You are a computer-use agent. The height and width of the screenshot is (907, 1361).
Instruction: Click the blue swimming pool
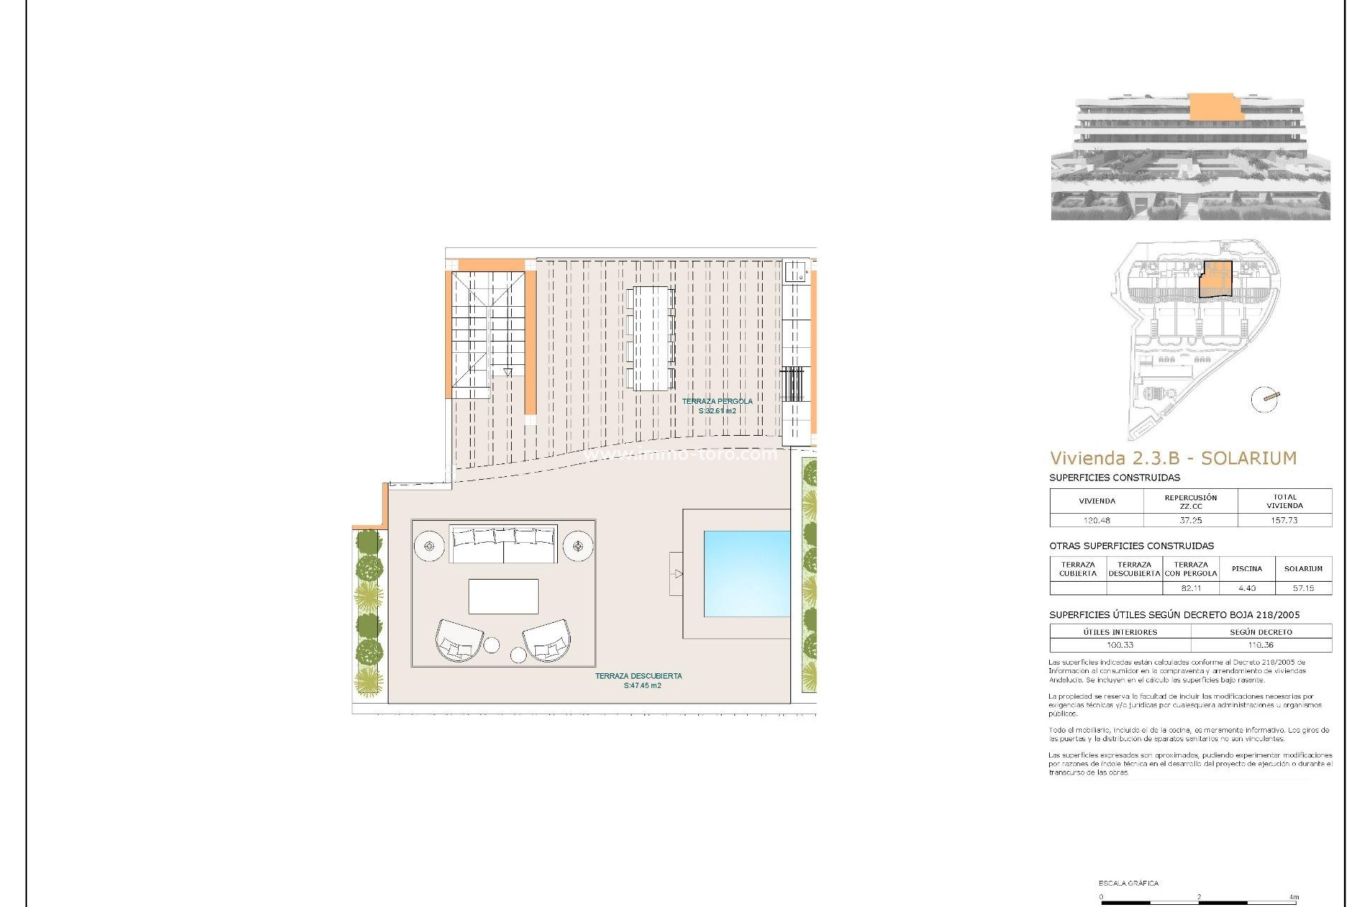(x=746, y=573)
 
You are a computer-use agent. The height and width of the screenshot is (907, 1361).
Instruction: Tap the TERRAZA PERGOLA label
(x=717, y=402)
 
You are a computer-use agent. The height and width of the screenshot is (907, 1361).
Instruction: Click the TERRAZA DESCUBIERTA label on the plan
(x=638, y=676)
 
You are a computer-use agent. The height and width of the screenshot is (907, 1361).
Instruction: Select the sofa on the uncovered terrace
(x=503, y=544)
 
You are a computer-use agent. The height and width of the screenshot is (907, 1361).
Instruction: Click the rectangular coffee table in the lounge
(x=503, y=596)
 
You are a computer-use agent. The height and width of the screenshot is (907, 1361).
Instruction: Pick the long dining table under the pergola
(x=651, y=338)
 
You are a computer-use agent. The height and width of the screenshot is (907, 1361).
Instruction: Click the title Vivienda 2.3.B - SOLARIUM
(x=1173, y=458)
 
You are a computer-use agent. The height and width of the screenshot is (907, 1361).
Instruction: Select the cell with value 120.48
(x=1097, y=520)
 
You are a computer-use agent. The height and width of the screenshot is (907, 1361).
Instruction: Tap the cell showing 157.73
(x=1284, y=520)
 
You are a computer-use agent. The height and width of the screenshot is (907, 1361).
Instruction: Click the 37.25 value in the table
(x=1191, y=520)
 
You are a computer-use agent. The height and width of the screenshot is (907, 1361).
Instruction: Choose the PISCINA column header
(x=1247, y=569)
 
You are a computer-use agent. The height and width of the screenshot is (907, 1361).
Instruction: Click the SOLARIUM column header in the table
(x=1304, y=569)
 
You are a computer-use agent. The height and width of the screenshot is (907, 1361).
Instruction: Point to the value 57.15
(x=1304, y=588)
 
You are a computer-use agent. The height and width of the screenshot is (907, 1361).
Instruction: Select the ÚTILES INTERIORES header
(x=1120, y=632)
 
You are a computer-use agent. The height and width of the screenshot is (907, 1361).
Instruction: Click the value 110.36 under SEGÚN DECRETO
(x=1261, y=646)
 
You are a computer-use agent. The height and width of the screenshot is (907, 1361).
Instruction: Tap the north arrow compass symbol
(x=1265, y=399)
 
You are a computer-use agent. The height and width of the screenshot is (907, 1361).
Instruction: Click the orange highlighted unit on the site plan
(x=1216, y=279)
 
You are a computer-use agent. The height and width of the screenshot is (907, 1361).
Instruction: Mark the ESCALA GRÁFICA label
(x=1128, y=884)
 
